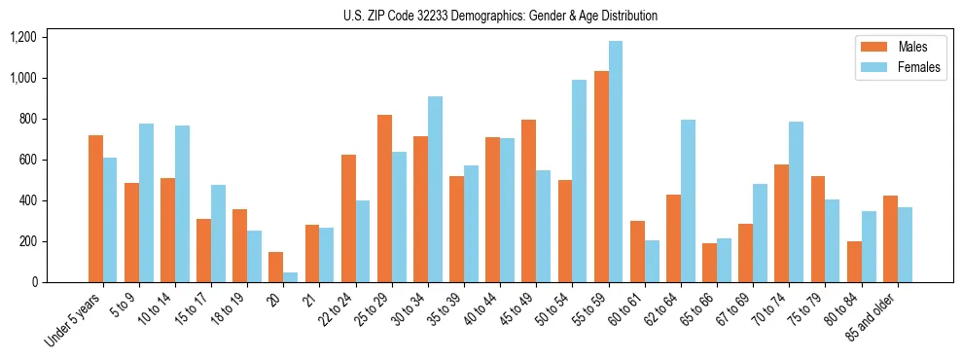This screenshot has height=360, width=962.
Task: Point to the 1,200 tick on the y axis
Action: coord(22,37)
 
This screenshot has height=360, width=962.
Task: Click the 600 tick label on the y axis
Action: coord(26,160)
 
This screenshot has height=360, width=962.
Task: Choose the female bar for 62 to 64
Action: coord(688,201)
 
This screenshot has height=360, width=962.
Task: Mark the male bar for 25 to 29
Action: coord(384,198)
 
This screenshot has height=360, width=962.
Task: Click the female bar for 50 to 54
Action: coord(580,181)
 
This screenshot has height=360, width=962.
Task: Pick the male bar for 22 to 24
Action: coord(348,219)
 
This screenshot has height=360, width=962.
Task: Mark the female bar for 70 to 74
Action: coord(796,202)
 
